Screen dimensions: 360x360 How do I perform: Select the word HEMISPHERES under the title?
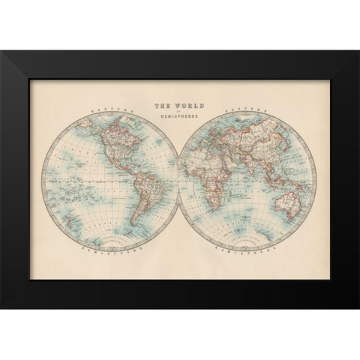180,119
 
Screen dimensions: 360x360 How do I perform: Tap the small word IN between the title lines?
180,114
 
